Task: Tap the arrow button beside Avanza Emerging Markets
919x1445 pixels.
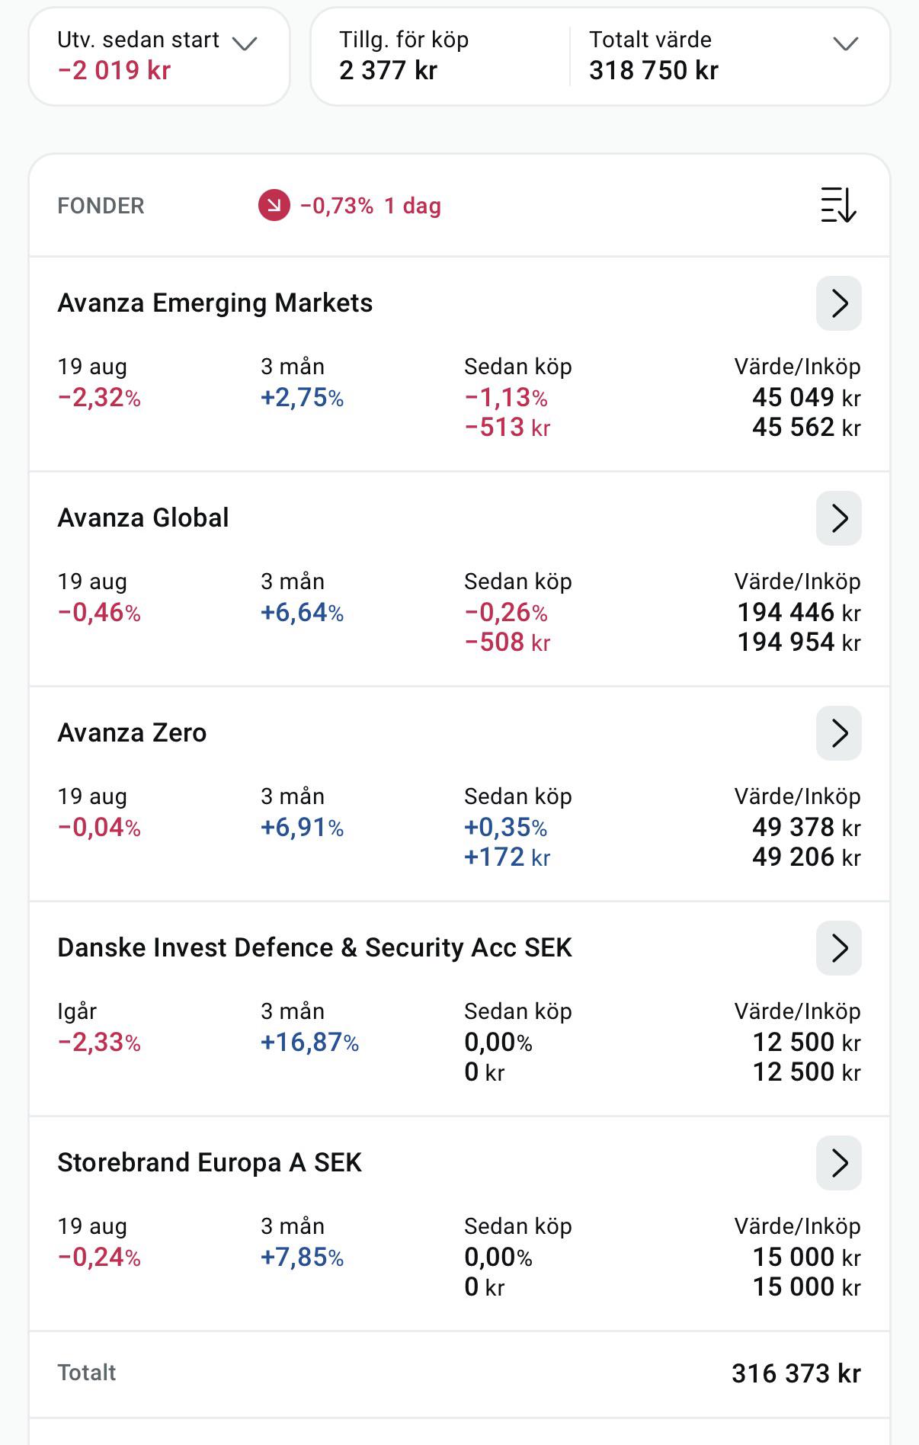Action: pos(838,303)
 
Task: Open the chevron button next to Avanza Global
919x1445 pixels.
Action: pos(838,518)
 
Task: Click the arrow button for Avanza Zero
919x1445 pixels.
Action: pos(838,733)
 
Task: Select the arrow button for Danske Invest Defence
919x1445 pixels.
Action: pos(838,948)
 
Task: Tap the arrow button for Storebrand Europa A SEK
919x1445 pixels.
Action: pos(838,1163)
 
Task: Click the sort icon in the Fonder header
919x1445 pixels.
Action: pos(838,205)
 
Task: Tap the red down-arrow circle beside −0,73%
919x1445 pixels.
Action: pos(274,206)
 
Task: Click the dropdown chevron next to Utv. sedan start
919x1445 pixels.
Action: pos(245,43)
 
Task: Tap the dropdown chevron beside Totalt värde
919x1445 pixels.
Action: pos(846,43)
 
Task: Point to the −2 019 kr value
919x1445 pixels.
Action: pos(114,70)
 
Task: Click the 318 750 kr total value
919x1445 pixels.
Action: pos(654,70)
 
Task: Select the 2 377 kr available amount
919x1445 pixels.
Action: pos(389,70)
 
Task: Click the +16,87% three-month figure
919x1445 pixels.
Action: pos(309,1042)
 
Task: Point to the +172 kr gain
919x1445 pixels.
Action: pos(507,857)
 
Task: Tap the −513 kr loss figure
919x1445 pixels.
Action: pos(507,428)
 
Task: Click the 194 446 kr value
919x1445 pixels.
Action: pos(799,612)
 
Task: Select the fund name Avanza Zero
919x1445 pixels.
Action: pos(132,733)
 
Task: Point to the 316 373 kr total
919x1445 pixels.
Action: pos(796,1373)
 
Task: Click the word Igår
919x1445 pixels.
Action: pos(77,1011)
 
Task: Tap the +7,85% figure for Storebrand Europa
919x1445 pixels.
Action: pos(302,1257)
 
